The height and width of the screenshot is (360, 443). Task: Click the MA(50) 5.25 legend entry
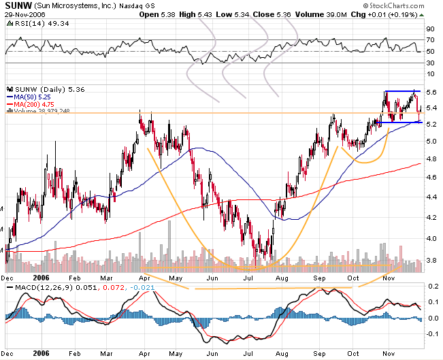[31, 97]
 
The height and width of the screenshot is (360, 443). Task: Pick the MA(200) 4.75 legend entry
[32, 103]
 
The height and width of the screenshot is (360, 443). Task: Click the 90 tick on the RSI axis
[430, 29]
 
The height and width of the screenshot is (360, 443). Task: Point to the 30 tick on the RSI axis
[430, 63]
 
